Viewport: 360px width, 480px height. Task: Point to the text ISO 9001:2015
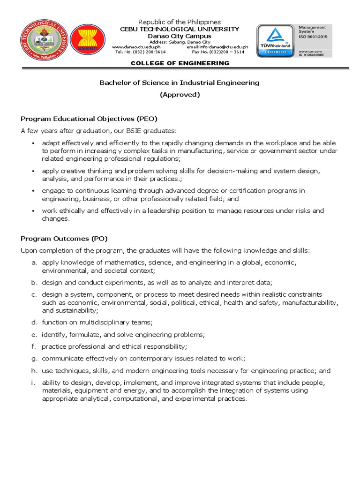(x=315, y=36)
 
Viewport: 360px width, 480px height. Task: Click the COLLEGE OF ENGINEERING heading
(x=180, y=63)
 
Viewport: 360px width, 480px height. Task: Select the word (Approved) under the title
(x=180, y=94)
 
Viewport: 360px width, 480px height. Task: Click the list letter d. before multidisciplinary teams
(x=34, y=322)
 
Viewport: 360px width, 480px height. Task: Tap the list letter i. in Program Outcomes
(x=34, y=383)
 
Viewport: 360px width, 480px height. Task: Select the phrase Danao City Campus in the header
(x=180, y=36)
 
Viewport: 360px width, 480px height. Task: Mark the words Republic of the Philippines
(x=180, y=22)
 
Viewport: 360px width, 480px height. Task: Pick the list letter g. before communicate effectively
(x=34, y=359)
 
